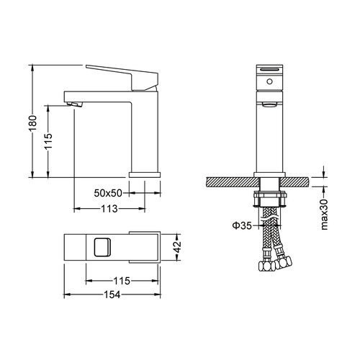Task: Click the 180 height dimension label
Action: pyautogui.click(x=32, y=123)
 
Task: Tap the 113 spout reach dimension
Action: pyautogui.click(x=109, y=209)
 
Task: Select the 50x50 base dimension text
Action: pyautogui.click(x=108, y=193)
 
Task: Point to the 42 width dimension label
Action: pyautogui.click(x=178, y=246)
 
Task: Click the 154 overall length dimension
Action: pyautogui.click(x=112, y=294)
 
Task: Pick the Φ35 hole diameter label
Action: pyautogui.click(x=242, y=225)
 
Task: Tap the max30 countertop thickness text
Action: pyautogui.click(x=324, y=215)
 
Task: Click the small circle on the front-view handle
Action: pyautogui.click(x=270, y=81)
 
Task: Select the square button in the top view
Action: pyautogui.click(x=102, y=247)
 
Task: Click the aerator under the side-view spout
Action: pyautogui.click(x=75, y=104)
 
